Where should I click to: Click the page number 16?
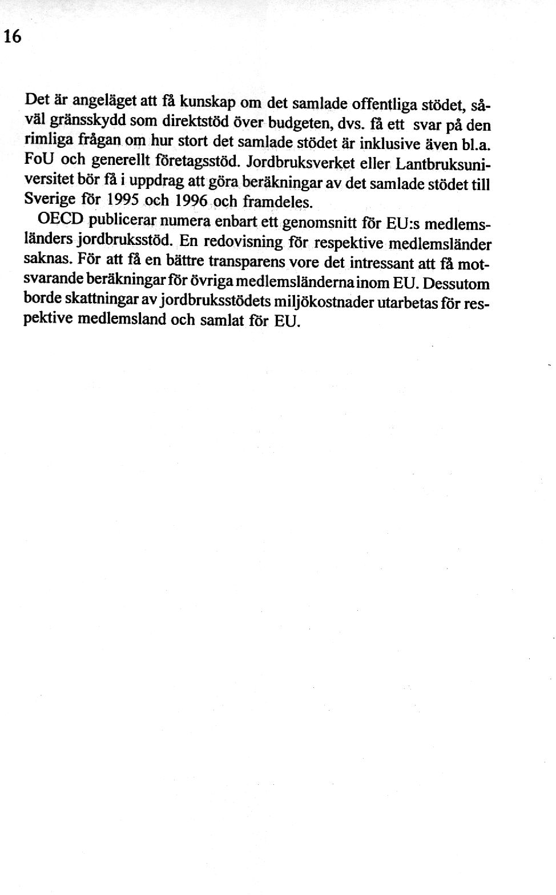pos(12,37)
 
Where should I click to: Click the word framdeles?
pos(278,203)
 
